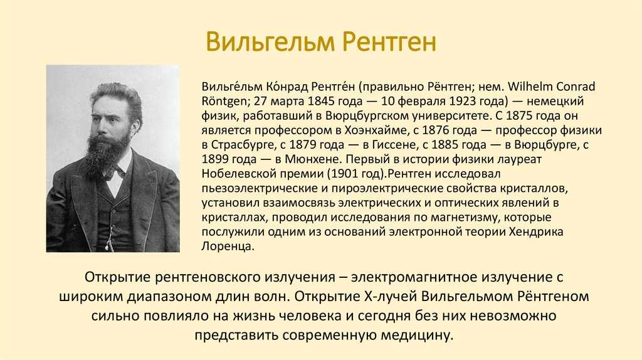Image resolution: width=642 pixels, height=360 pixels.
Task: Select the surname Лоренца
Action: coord(228,246)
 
